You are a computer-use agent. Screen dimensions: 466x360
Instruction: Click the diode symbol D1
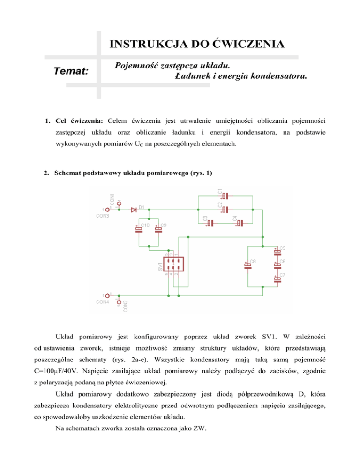pos(135,210)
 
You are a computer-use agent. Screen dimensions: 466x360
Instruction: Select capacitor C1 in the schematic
pos(225,196)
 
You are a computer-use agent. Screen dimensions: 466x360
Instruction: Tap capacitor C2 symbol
pos(225,210)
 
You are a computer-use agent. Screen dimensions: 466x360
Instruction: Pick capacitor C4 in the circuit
pos(240,223)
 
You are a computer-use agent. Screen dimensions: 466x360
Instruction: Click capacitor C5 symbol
pos(277,252)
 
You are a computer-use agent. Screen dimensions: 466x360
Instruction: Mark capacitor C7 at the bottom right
pos(277,279)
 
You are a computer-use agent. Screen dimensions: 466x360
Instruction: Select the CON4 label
pos(102,302)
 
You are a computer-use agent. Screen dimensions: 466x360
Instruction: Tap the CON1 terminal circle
pos(119,202)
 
